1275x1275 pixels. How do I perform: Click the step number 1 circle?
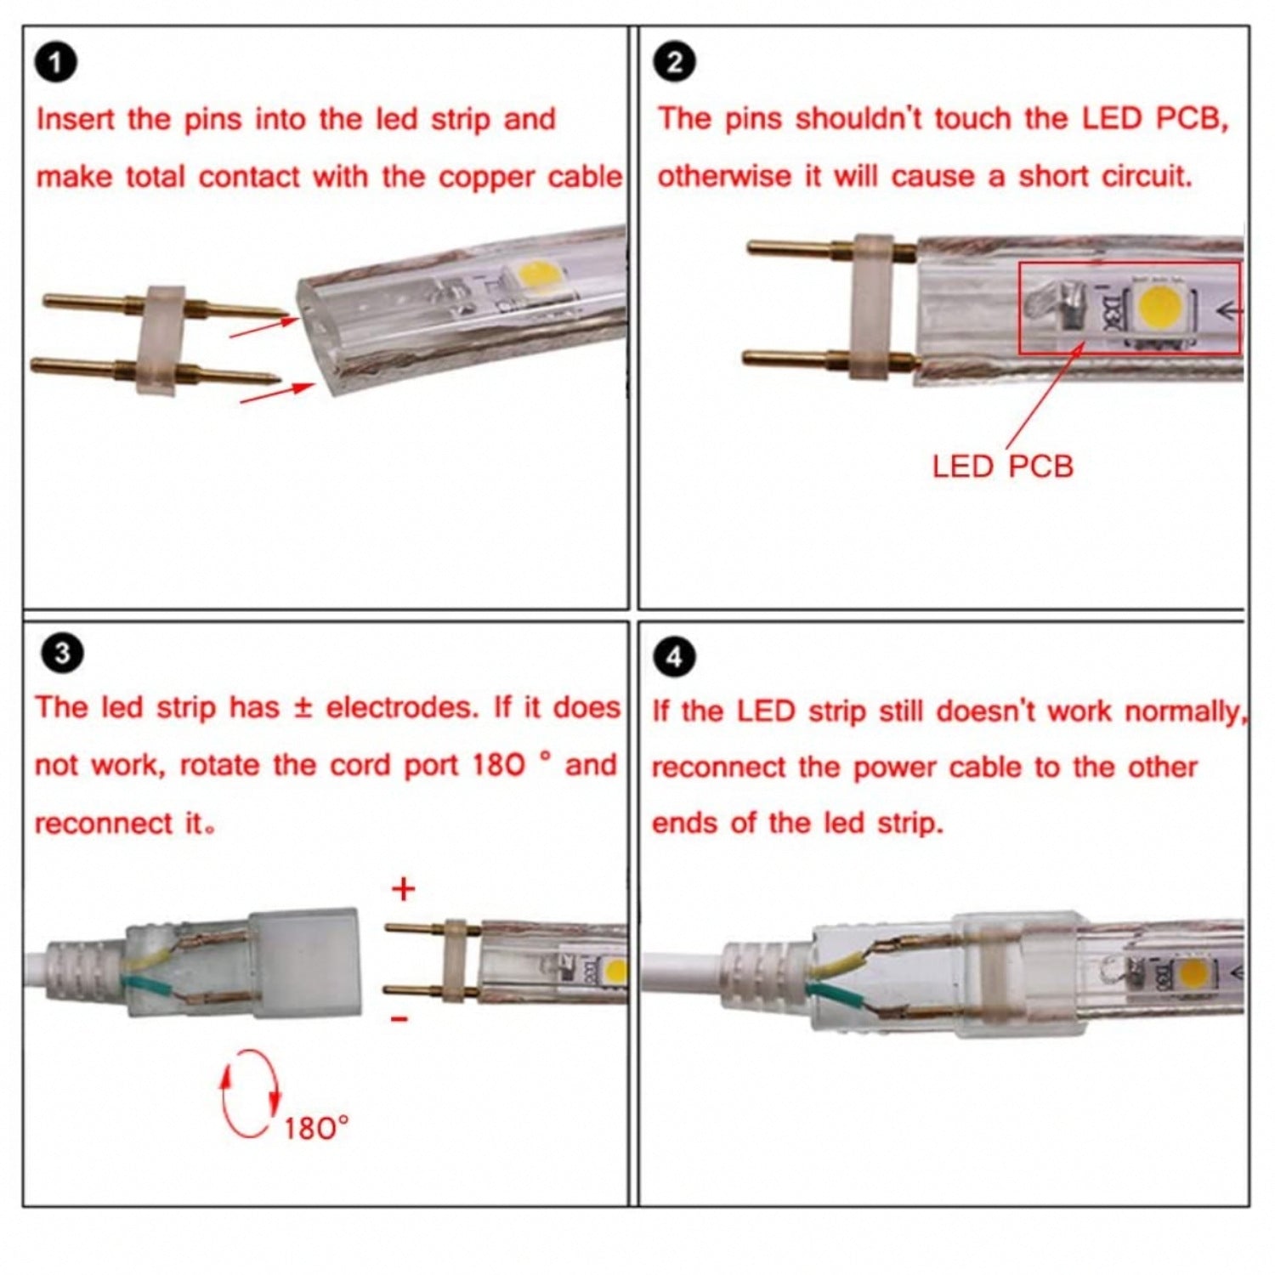56,65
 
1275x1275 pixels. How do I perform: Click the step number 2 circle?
675,63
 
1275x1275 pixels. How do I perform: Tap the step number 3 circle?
62,654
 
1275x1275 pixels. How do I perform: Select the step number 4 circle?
674,657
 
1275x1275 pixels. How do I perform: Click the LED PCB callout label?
1002,467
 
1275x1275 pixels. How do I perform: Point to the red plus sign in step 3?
403,889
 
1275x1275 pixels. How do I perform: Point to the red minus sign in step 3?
399,1018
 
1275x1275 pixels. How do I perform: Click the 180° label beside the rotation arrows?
316,1128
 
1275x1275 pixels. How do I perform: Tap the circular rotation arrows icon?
250,1093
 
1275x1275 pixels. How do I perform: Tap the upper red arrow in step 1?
262,326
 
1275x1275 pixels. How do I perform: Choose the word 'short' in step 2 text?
1054,176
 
